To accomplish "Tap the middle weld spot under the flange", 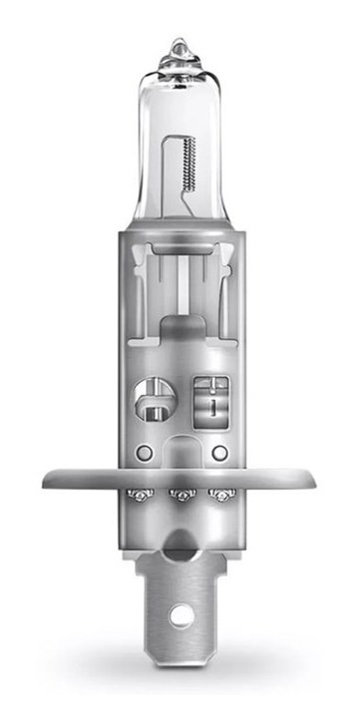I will (x=180, y=494).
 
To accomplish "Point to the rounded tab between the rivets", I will (x=180, y=455).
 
